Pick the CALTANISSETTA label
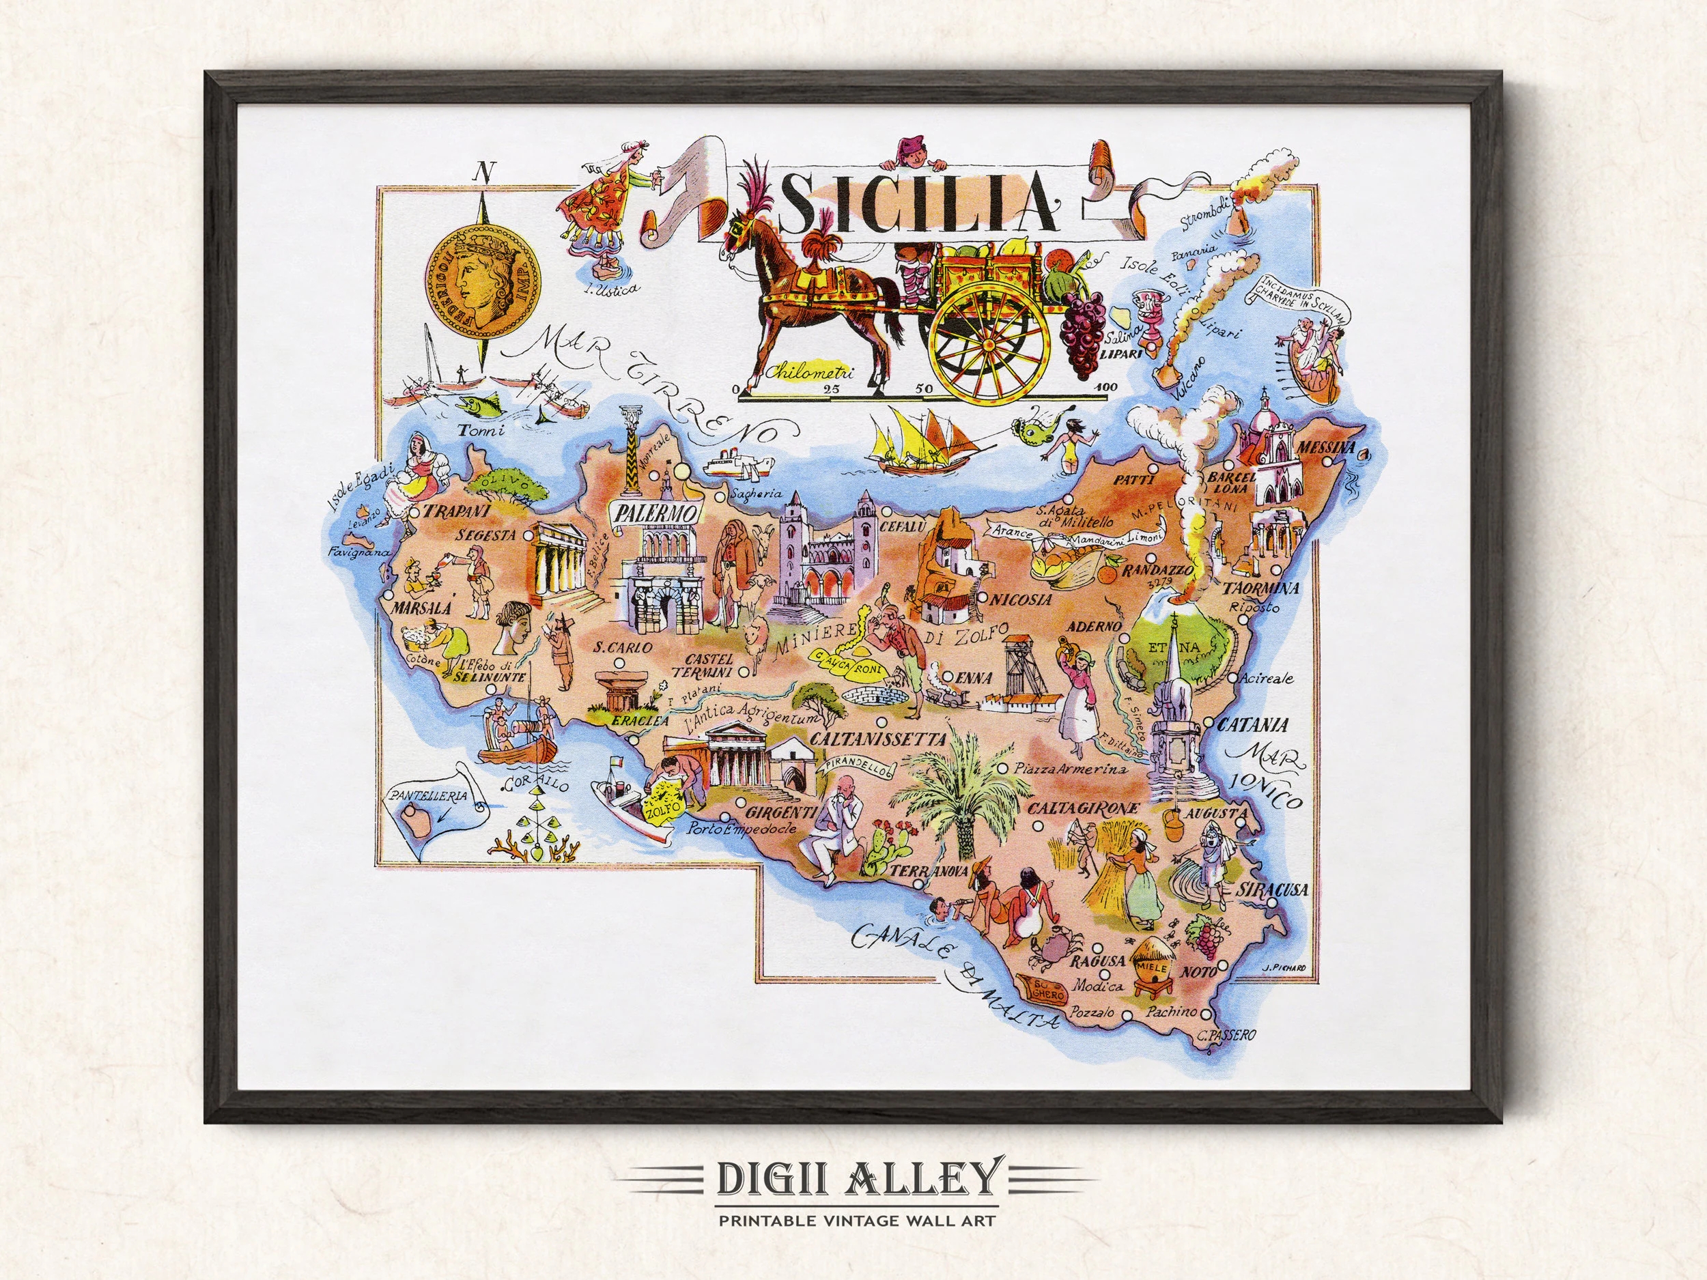866,737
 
